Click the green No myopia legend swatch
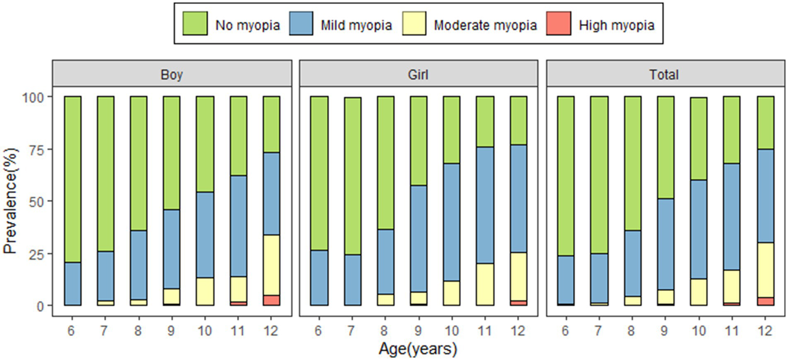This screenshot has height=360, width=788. point(195,24)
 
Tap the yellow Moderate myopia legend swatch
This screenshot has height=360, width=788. point(413,24)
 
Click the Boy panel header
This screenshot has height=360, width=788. point(172,74)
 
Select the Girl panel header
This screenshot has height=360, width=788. point(418,74)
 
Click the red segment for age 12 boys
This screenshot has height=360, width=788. point(271,300)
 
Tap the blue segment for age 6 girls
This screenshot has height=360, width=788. point(319,277)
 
